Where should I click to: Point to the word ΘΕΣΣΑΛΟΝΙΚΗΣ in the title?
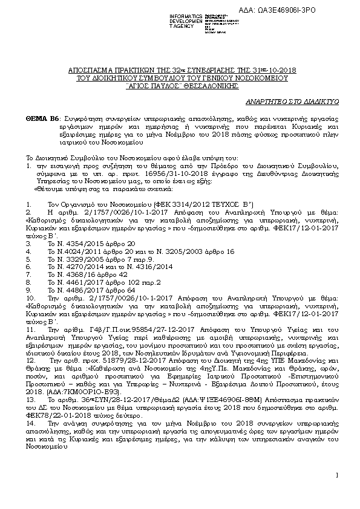point(204,85)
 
